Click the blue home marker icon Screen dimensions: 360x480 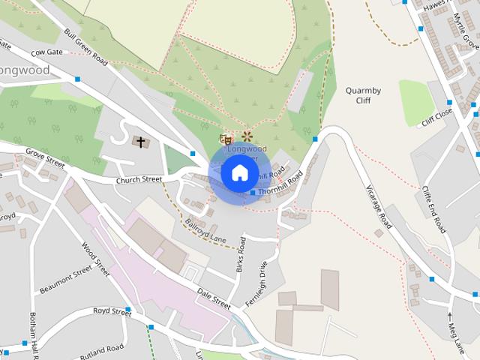click(239, 172)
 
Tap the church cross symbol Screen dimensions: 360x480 click(140, 141)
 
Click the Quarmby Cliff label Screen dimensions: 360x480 click(364, 95)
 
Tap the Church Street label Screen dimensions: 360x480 click(139, 180)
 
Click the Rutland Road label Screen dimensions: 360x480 click(102, 350)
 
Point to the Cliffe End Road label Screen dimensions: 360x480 click(433, 209)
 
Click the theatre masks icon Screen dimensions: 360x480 click(223, 139)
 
